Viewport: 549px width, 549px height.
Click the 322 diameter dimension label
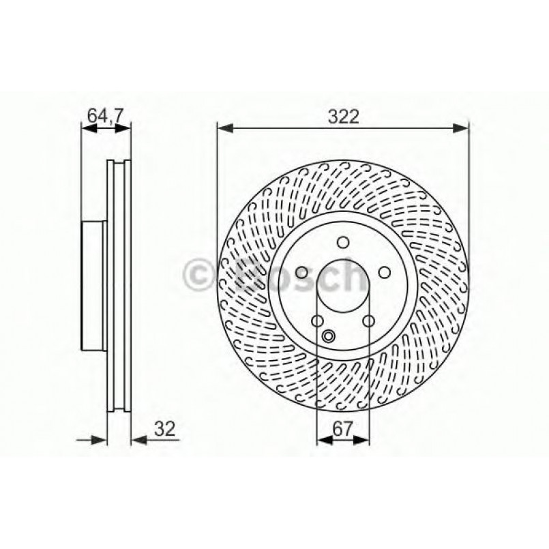pos(343,116)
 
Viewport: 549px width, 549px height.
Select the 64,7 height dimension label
pos(105,116)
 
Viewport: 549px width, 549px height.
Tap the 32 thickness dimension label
pos(165,428)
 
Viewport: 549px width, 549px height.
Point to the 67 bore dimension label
pos(343,428)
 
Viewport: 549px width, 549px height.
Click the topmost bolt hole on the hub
pos(343,241)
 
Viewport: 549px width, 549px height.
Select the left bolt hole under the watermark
pos(301,272)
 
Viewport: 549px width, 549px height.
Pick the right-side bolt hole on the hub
pos(385,272)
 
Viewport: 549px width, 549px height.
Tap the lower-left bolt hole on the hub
pos(317,321)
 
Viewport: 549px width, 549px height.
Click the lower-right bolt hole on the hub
pos(369,321)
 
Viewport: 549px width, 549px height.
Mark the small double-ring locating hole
pos(329,335)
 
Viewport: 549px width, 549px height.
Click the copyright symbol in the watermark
pos(200,275)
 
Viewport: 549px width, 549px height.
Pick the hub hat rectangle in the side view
pos(94,284)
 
